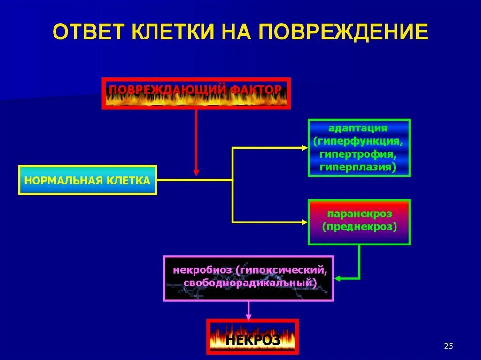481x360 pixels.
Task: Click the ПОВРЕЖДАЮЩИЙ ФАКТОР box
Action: (196, 93)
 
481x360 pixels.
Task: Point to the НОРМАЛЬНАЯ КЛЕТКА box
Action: (87, 180)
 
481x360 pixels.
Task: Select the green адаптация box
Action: (359, 148)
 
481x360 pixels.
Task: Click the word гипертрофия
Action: (358, 154)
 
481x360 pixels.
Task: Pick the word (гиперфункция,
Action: (358, 141)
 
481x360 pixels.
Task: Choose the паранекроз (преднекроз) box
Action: (359, 222)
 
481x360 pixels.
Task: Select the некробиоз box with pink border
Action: (248, 278)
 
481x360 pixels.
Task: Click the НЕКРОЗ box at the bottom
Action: (252, 337)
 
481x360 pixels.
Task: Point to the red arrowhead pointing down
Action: (196, 172)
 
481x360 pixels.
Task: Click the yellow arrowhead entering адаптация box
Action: (304, 148)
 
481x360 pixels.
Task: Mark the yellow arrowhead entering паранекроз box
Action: (304, 222)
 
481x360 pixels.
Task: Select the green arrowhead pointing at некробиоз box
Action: (338, 278)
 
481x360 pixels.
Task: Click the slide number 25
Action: (448, 346)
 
